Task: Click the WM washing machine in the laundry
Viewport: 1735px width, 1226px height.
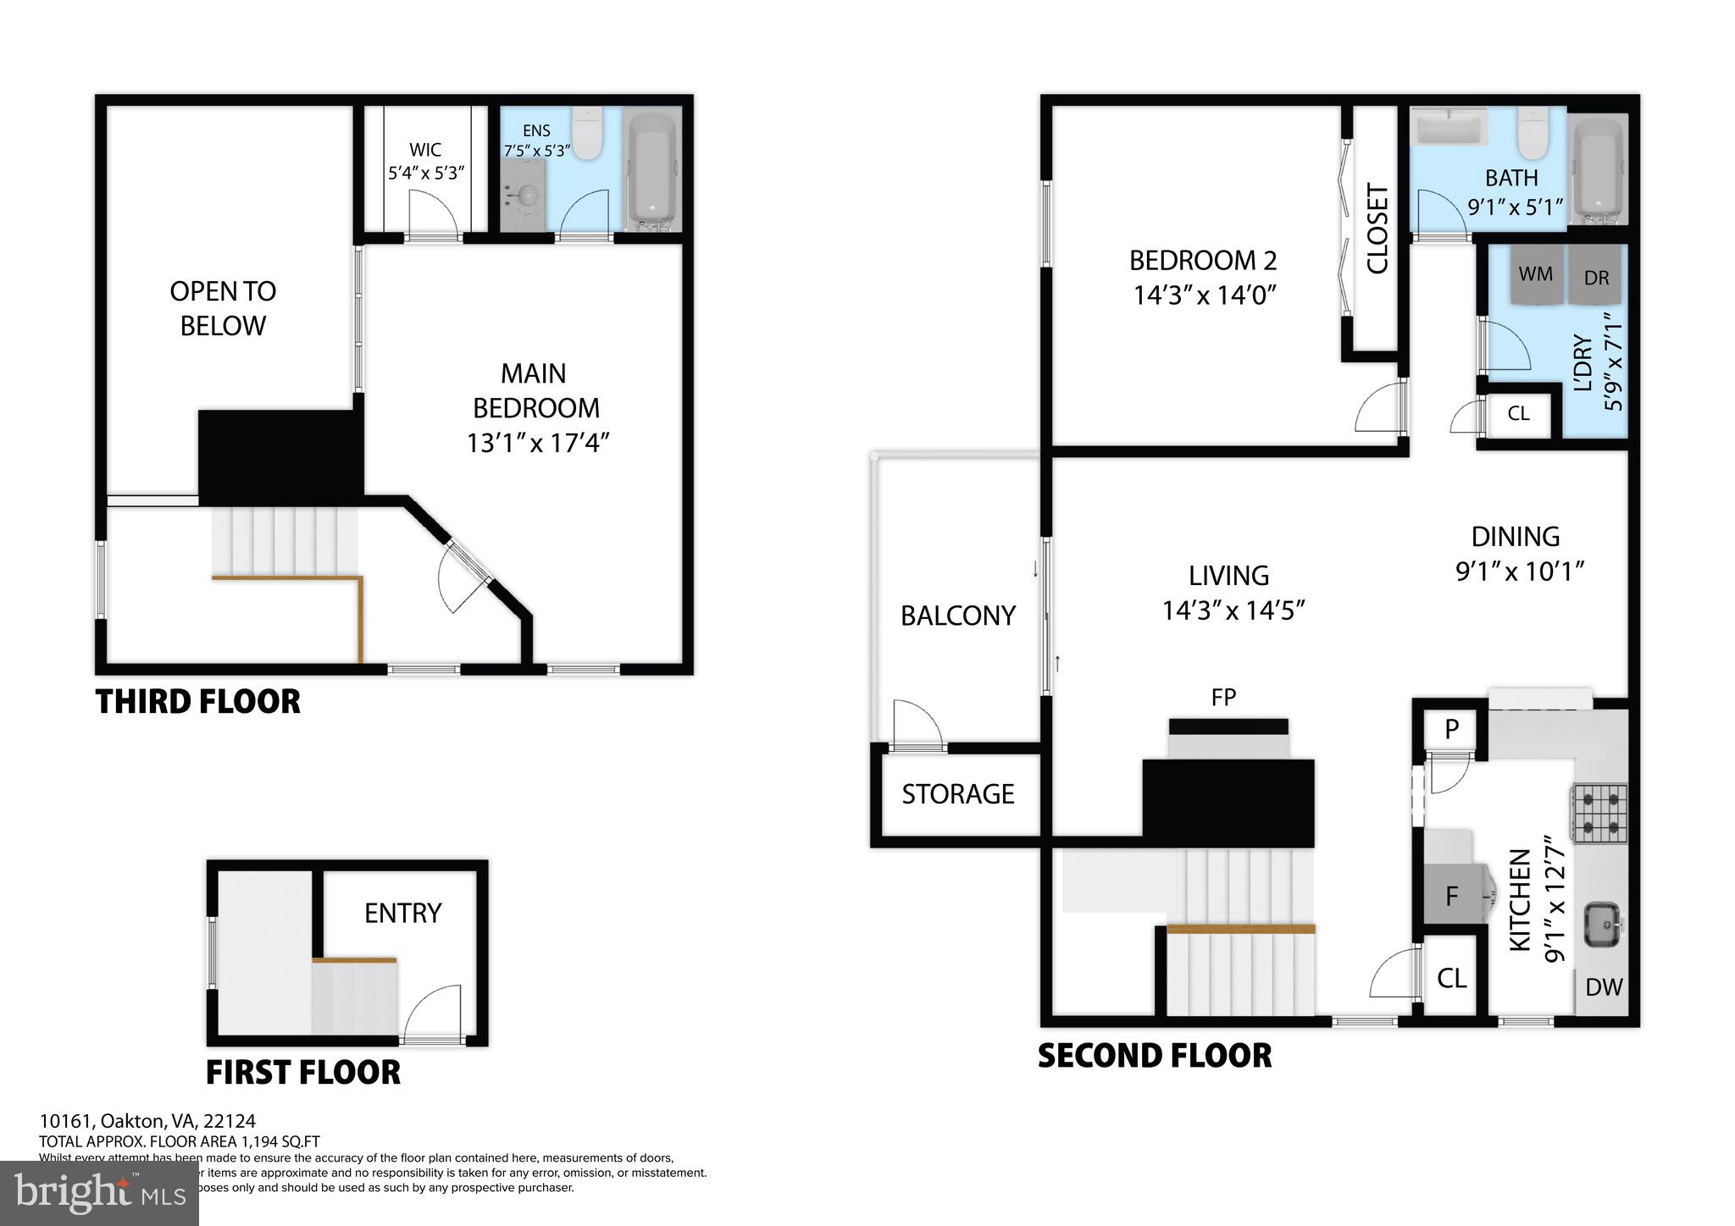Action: [1535, 275]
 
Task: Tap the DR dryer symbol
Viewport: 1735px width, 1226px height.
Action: [1596, 276]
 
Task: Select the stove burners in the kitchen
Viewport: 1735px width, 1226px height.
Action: [1599, 813]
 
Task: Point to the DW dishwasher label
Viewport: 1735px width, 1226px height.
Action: [1603, 987]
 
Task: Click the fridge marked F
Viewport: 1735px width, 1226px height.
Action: [1451, 895]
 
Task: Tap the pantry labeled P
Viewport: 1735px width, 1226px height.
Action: [1451, 729]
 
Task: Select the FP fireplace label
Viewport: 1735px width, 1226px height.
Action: [1223, 698]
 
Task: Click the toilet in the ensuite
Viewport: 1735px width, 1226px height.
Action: [586, 135]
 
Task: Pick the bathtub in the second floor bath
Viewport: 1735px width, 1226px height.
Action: [1599, 169]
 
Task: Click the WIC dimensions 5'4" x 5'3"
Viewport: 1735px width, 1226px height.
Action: [425, 174]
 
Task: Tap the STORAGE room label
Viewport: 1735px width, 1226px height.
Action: [957, 794]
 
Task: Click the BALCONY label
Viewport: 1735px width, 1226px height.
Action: [957, 616]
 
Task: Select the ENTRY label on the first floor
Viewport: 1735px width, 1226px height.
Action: [402, 913]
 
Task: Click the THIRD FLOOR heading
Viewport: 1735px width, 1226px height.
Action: [198, 702]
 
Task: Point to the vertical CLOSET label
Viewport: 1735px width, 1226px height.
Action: [1377, 229]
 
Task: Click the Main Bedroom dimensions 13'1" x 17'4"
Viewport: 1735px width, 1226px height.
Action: [537, 443]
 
